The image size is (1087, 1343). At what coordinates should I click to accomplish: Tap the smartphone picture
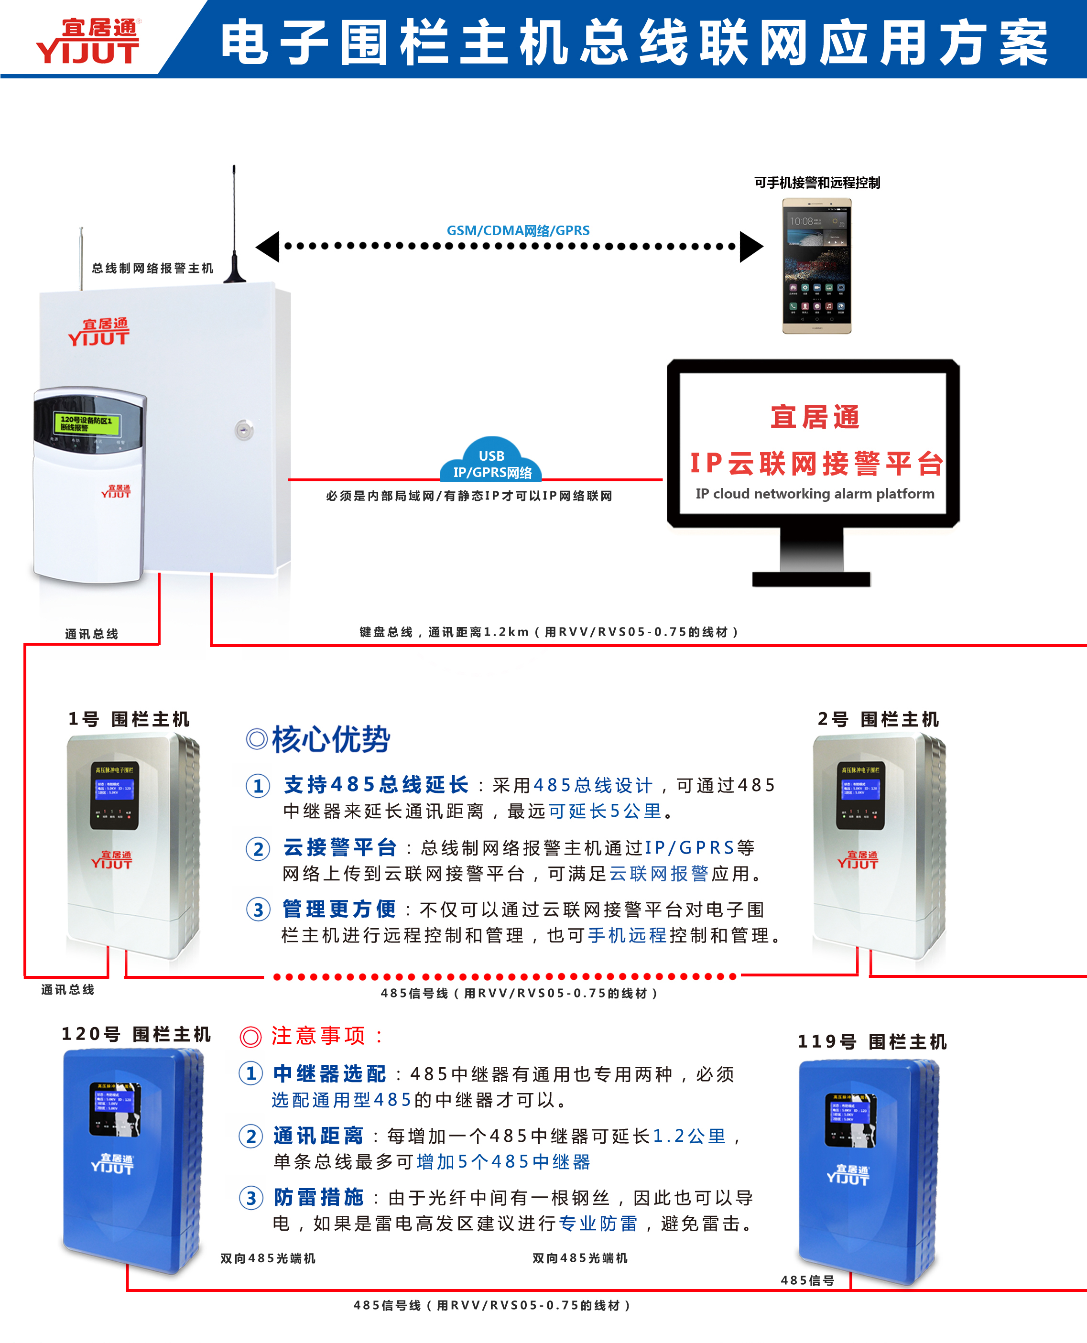click(x=816, y=266)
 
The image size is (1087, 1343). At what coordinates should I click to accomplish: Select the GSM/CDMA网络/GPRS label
click(x=518, y=230)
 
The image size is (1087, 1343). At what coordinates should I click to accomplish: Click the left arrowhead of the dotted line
click(x=269, y=246)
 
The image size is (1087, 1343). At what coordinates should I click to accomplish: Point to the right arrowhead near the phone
click(x=751, y=246)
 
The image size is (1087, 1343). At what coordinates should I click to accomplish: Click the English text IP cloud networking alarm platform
click(x=815, y=494)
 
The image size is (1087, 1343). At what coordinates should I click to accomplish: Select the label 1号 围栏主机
click(x=129, y=719)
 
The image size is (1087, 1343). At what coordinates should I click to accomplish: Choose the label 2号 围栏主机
click(x=878, y=719)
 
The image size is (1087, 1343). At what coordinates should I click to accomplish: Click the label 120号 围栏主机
click(x=136, y=1034)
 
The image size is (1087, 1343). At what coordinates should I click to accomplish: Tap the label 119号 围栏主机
click(x=871, y=1042)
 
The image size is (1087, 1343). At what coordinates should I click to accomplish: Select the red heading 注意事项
click(x=318, y=1036)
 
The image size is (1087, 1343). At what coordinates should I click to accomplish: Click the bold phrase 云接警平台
click(x=340, y=848)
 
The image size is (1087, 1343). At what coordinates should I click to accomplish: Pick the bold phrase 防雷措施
click(x=319, y=1197)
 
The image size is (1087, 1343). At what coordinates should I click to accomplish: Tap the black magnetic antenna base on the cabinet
click(x=234, y=271)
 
